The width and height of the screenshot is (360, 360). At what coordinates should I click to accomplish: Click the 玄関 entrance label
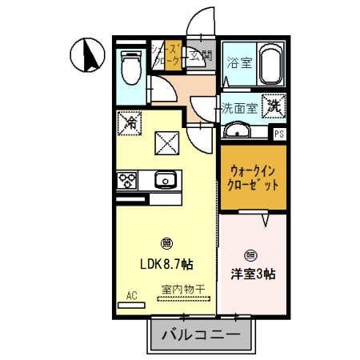coord(202,57)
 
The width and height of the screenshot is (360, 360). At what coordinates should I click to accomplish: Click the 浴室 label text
coord(239,63)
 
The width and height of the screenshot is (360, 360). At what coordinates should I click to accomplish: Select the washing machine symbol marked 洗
coord(274,104)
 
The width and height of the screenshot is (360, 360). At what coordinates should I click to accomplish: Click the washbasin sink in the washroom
coord(236,130)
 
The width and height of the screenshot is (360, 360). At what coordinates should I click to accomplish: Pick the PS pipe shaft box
coord(278,134)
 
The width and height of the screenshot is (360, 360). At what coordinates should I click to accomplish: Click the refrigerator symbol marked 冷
coord(130,123)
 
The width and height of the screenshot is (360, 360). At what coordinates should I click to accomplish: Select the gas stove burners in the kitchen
coord(128,180)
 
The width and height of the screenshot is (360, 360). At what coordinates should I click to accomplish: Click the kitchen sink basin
coord(166,180)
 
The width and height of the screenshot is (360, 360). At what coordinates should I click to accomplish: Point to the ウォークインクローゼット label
coord(254,177)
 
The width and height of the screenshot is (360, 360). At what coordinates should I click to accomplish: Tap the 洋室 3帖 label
coord(254,273)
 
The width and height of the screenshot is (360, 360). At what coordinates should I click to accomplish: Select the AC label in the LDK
coord(131,294)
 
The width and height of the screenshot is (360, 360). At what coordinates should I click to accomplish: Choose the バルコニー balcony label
coord(202,334)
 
